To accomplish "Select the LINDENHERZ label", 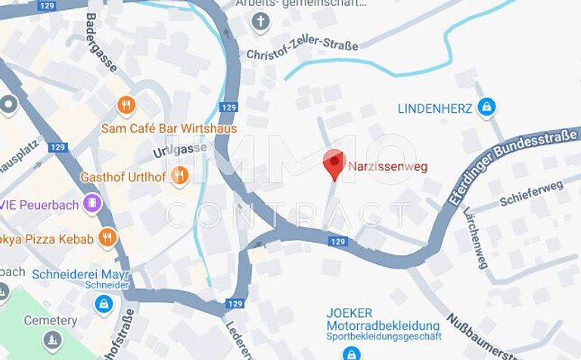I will (435, 108).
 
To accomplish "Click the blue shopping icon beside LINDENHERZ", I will (488, 107).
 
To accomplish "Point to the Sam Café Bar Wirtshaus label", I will (169, 129).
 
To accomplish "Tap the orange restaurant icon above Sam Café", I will (126, 105).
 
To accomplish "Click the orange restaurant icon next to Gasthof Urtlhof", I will (179, 176).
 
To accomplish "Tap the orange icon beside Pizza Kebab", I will (108, 238).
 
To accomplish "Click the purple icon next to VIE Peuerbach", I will (92, 203).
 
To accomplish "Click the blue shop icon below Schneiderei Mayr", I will (104, 304).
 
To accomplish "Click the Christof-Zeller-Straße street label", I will (303, 50).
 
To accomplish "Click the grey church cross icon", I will (260, 20).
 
